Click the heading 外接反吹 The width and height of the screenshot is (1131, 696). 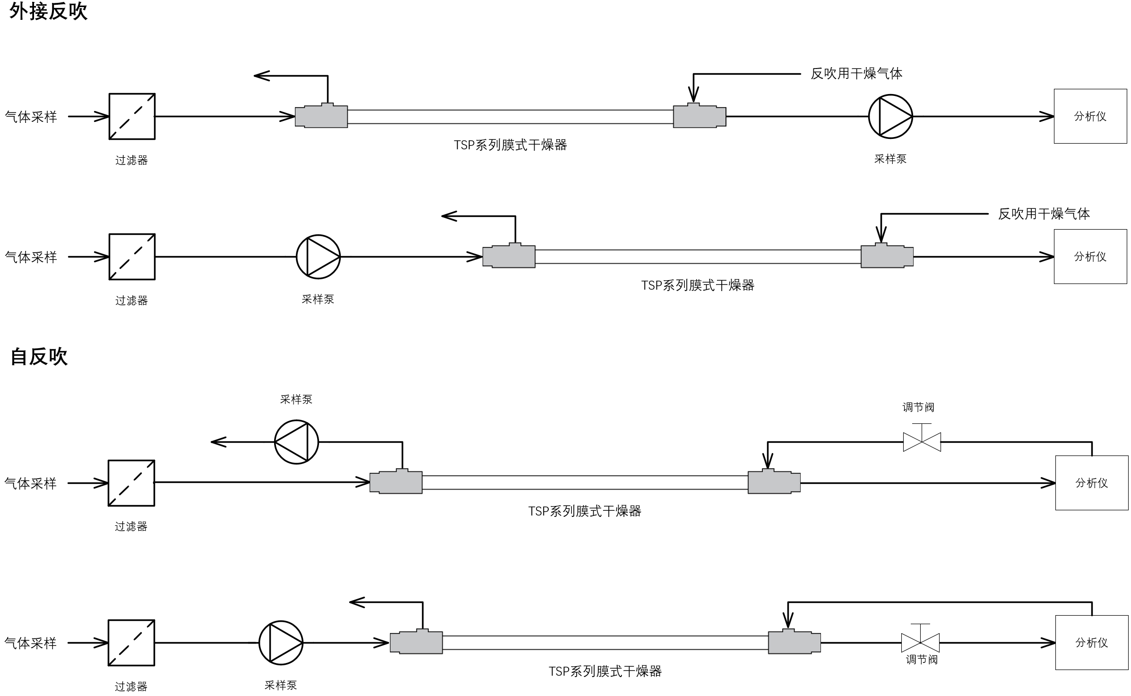point(48,11)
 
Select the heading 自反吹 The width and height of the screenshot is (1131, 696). point(39,356)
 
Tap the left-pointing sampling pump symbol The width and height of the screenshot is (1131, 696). point(296,442)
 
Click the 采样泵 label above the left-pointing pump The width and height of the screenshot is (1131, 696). point(296,399)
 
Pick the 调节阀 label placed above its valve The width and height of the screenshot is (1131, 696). point(918,407)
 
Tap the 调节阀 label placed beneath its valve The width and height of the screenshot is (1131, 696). point(922,660)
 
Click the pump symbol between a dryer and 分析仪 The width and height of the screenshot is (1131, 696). point(890,117)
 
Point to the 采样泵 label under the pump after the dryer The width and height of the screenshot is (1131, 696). point(890,159)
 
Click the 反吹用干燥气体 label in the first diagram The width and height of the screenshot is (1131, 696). point(856,74)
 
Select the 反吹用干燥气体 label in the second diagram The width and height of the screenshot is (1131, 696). point(1044,214)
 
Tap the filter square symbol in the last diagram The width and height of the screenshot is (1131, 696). point(131,643)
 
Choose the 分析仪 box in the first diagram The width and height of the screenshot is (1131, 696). point(1090,116)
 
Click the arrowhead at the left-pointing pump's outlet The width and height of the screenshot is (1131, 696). point(218,442)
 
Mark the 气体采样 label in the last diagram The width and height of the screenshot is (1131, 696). point(30,643)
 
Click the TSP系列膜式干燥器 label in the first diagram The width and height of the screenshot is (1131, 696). point(510,145)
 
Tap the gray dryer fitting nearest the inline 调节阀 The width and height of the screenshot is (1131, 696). point(794,641)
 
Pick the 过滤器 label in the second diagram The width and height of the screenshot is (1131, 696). point(131,301)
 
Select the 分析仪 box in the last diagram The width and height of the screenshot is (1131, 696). point(1092,643)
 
